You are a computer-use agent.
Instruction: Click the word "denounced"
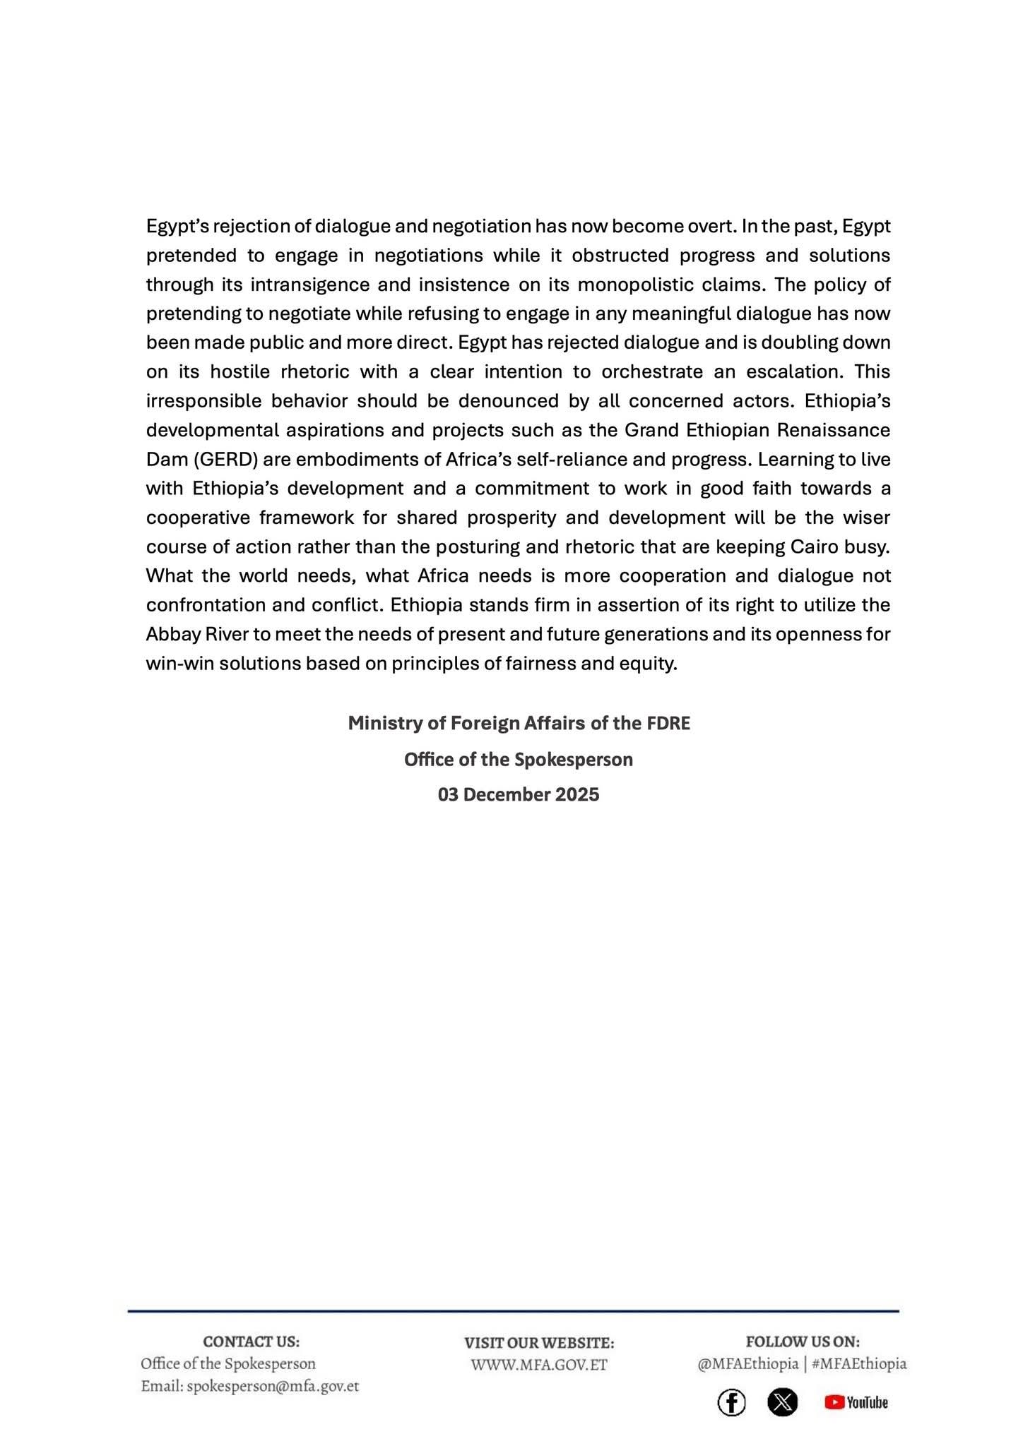pyautogui.click(x=509, y=401)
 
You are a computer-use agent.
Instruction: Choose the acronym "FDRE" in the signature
pyautogui.click(x=668, y=724)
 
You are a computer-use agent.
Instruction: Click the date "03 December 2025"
pyautogui.click(x=519, y=795)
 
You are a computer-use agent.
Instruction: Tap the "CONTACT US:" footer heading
pyautogui.click(x=251, y=1342)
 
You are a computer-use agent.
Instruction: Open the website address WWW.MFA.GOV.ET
pyautogui.click(x=539, y=1365)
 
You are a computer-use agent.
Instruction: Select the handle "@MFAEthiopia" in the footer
pyautogui.click(x=747, y=1363)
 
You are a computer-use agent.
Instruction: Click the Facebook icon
pyautogui.click(x=731, y=1403)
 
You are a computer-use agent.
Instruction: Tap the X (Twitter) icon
pyautogui.click(x=782, y=1403)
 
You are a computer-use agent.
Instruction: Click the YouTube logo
pyautogui.click(x=856, y=1403)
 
